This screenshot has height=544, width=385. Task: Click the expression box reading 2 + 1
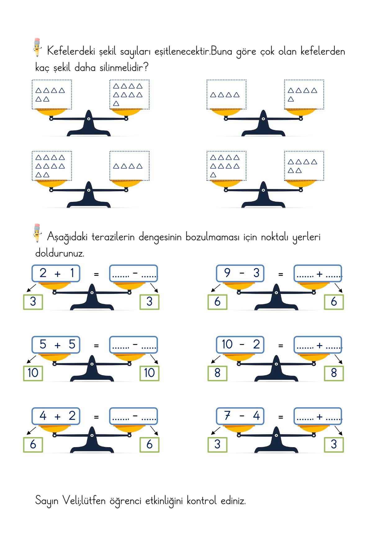coord(56,273)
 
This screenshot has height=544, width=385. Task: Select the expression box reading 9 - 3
coord(240,273)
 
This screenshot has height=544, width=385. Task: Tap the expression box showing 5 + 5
coord(56,344)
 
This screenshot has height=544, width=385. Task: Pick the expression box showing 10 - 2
coord(240,344)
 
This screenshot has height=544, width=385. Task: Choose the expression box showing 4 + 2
coord(56,416)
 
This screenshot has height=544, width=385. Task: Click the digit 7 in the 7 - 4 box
coord(227,416)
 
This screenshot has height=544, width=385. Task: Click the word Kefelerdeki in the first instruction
coord(71,51)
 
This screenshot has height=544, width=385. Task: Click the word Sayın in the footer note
coord(47,501)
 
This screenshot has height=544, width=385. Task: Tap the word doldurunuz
coord(60,253)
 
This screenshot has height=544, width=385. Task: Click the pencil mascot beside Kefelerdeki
coord(37,47)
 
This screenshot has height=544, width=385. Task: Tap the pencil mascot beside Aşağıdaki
coord(37,233)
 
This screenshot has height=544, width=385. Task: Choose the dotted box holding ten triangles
coord(52,166)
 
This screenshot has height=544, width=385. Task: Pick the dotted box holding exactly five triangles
coord(304,94)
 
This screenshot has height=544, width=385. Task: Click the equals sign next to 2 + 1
coord(96,274)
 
